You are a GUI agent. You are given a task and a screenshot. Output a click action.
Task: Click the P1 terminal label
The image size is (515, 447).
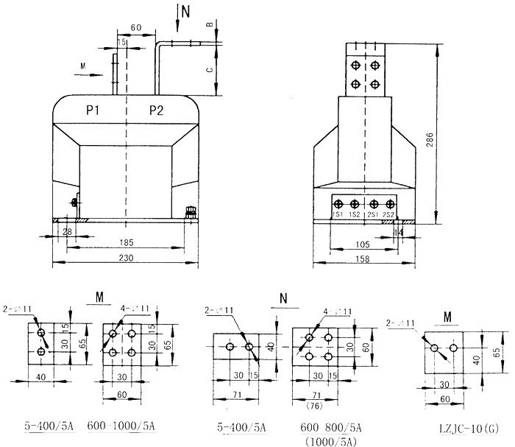pyautogui.click(x=93, y=111)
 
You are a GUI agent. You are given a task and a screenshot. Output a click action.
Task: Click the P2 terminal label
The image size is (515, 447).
pyautogui.click(x=156, y=111)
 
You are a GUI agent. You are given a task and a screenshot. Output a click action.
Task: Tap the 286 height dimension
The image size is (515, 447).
pyautogui.click(x=430, y=141)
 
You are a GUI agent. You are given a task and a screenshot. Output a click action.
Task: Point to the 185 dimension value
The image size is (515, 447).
pyautogui.click(x=127, y=242)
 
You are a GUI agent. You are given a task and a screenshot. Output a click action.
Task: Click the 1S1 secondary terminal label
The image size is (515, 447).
pyautogui.click(x=338, y=214)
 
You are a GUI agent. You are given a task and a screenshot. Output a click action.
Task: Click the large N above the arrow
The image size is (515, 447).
pyautogui.click(x=185, y=10)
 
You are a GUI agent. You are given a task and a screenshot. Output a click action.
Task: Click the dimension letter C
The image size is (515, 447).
pyautogui.click(x=209, y=71)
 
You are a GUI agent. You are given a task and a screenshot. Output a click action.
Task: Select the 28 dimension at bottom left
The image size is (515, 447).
pyautogui.click(x=68, y=232)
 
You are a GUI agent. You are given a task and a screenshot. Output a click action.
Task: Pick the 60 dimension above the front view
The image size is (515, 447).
pyautogui.click(x=135, y=27)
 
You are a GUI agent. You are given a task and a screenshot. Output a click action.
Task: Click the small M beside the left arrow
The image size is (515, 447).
pyautogui.click(x=82, y=65)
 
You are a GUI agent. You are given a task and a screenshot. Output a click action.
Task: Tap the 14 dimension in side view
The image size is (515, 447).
pyautogui.click(x=399, y=232)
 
